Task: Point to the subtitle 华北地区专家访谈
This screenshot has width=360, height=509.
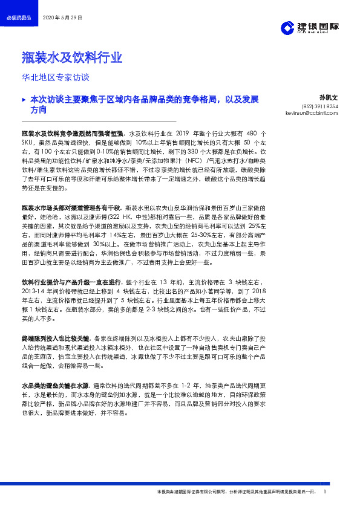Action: [x=55, y=77]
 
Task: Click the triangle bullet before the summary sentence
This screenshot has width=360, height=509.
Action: [x=24, y=98]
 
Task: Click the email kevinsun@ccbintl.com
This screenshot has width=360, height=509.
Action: [x=312, y=113]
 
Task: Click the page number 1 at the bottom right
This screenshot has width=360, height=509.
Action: [x=326, y=492]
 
